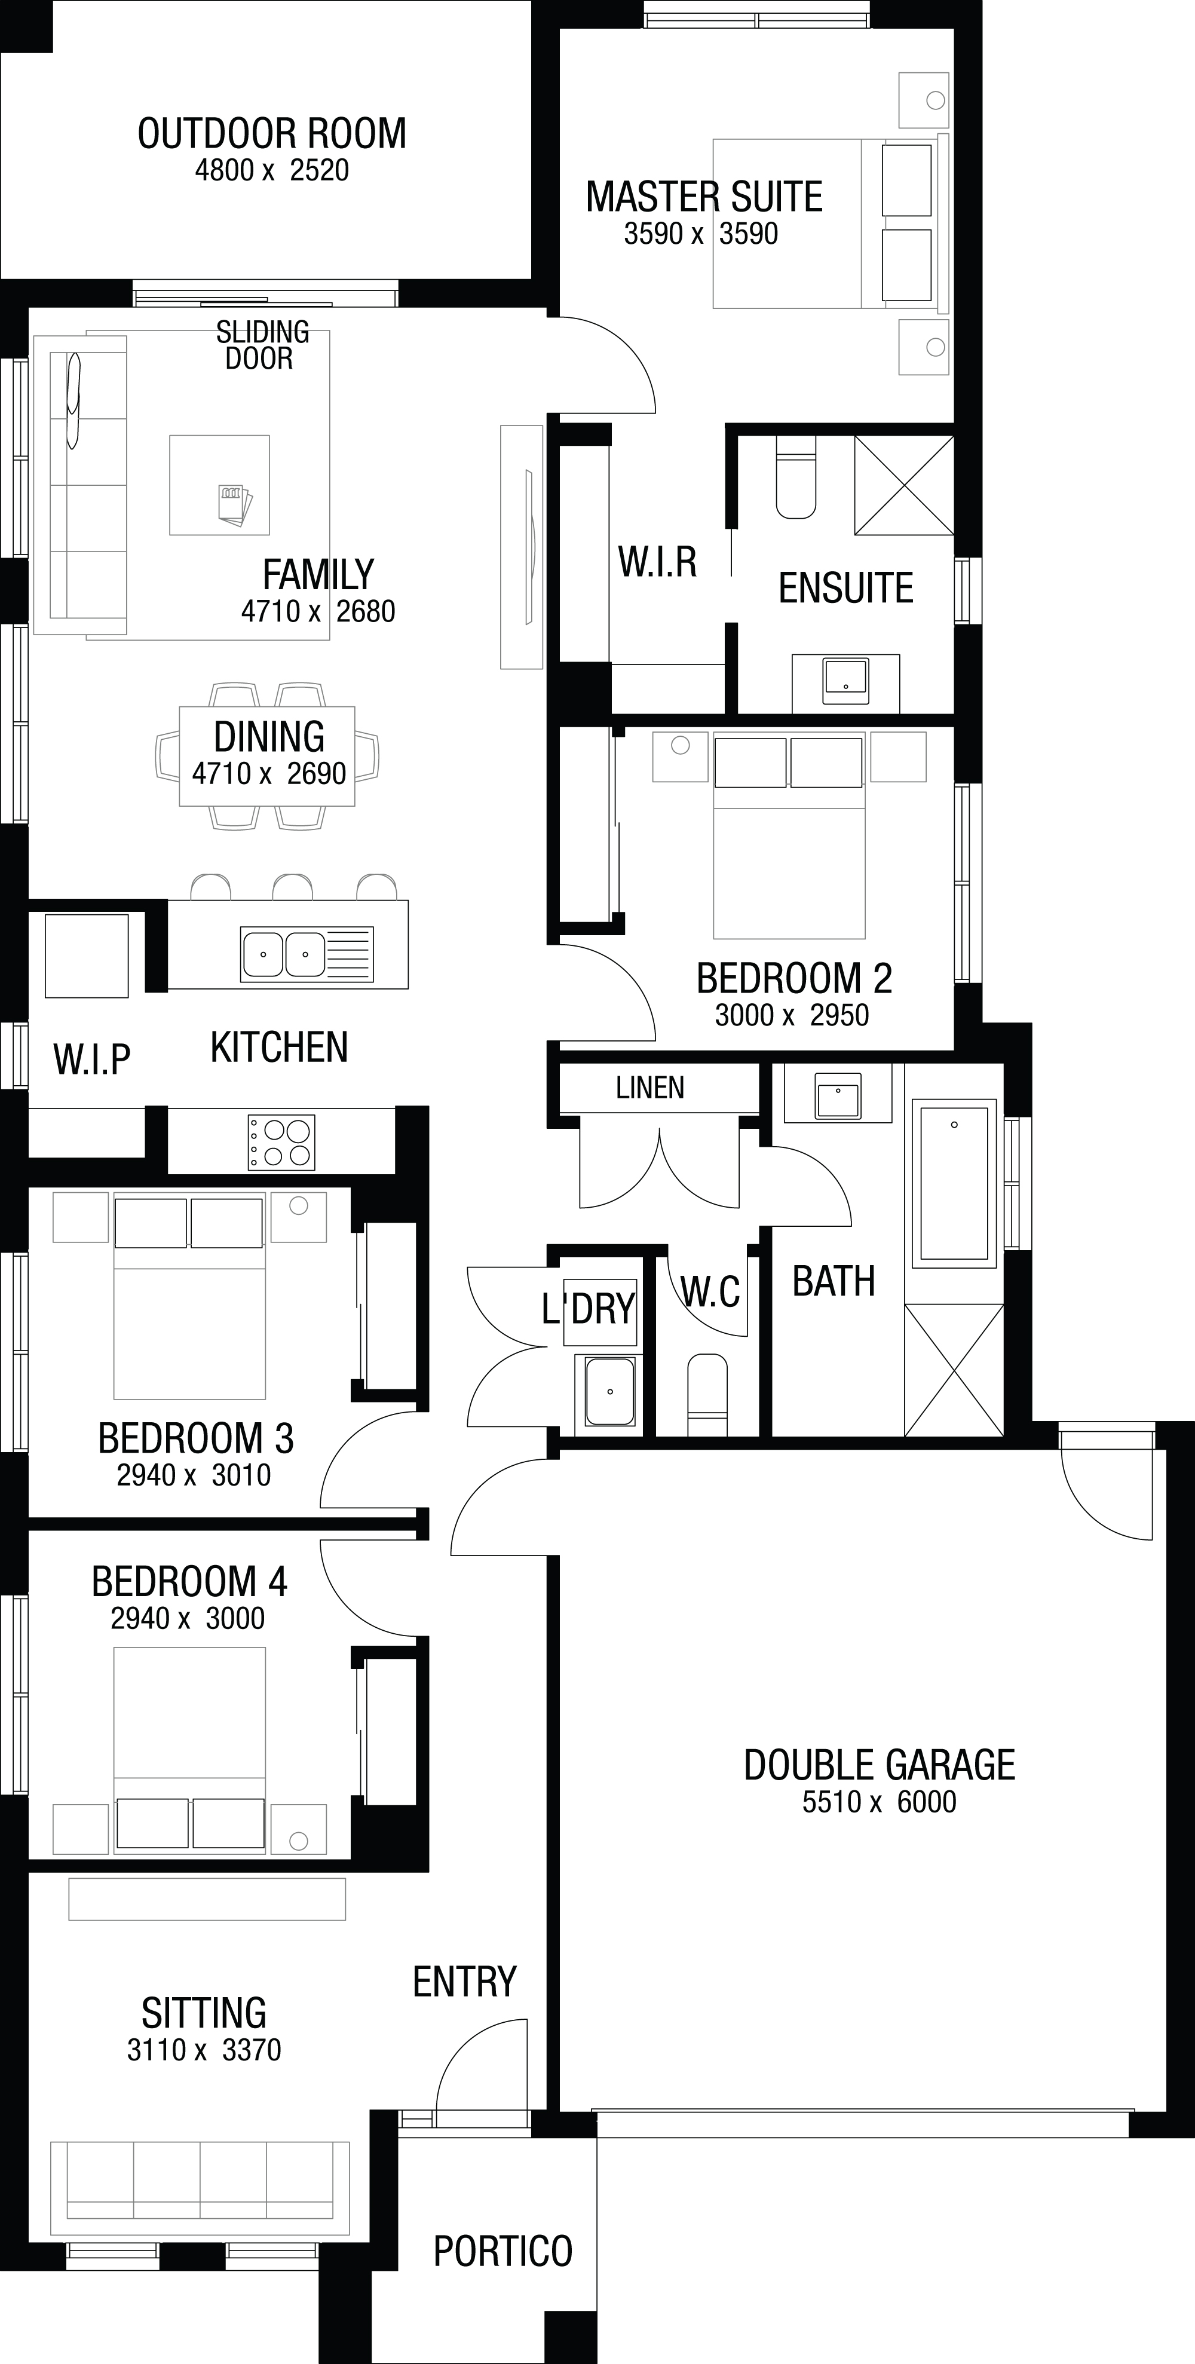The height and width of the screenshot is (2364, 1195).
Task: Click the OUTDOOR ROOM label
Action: [x=272, y=134]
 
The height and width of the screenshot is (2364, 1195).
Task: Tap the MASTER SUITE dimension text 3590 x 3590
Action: [x=701, y=234]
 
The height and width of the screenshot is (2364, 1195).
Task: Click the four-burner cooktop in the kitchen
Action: [x=281, y=1141]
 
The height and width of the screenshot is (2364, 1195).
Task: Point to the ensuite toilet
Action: [x=796, y=477]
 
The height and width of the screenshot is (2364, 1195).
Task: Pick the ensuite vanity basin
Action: [x=845, y=680]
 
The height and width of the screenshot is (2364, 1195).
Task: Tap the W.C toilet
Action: [x=707, y=1394]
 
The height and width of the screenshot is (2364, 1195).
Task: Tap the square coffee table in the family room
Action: [x=219, y=485]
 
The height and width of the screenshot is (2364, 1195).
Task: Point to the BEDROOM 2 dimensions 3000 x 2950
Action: [x=792, y=1015]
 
